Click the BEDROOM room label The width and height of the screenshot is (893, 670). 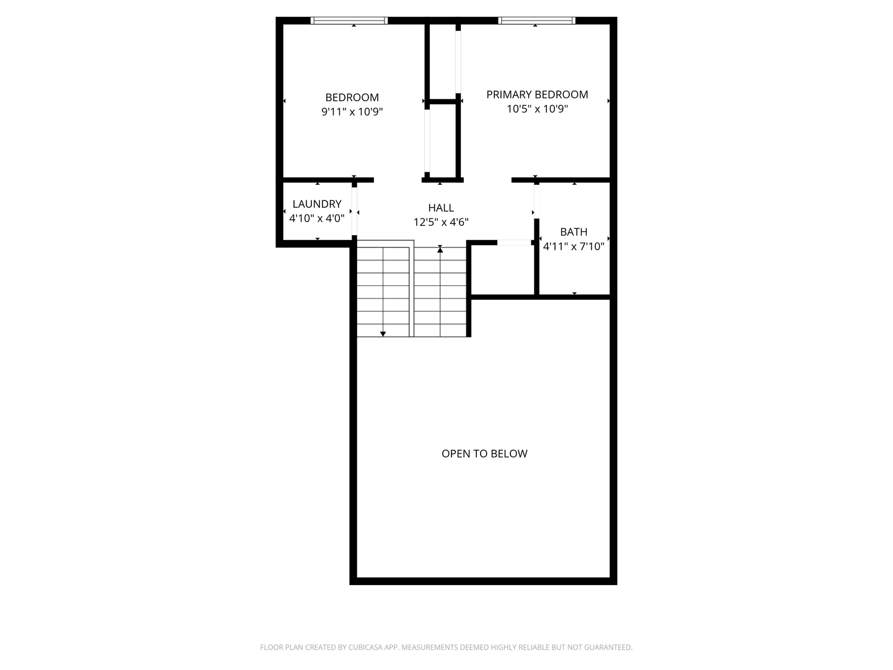(x=352, y=97)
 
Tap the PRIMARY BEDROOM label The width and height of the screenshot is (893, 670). (x=537, y=94)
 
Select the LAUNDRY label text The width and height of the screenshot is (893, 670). (x=317, y=203)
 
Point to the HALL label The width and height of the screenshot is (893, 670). (x=441, y=208)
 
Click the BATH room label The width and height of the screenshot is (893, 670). (x=574, y=231)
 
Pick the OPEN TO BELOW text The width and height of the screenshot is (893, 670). (x=484, y=453)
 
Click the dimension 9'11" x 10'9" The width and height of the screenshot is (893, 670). (x=352, y=112)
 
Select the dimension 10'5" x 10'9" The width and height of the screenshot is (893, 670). (x=537, y=109)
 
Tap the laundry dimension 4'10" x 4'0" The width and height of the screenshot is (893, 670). (x=317, y=218)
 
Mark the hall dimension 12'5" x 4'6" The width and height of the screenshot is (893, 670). (x=441, y=222)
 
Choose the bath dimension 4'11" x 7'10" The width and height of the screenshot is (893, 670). (x=574, y=246)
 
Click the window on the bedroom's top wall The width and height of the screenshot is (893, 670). (x=349, y=20)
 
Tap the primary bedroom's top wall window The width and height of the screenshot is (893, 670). (x=536, y=20)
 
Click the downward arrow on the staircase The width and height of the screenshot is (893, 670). (x=383, y=334)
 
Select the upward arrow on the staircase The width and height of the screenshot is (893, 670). (x=440, y=249)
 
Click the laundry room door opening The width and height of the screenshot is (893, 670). (x=355, y=211)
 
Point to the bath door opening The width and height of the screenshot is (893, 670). (x=536, y=201)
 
